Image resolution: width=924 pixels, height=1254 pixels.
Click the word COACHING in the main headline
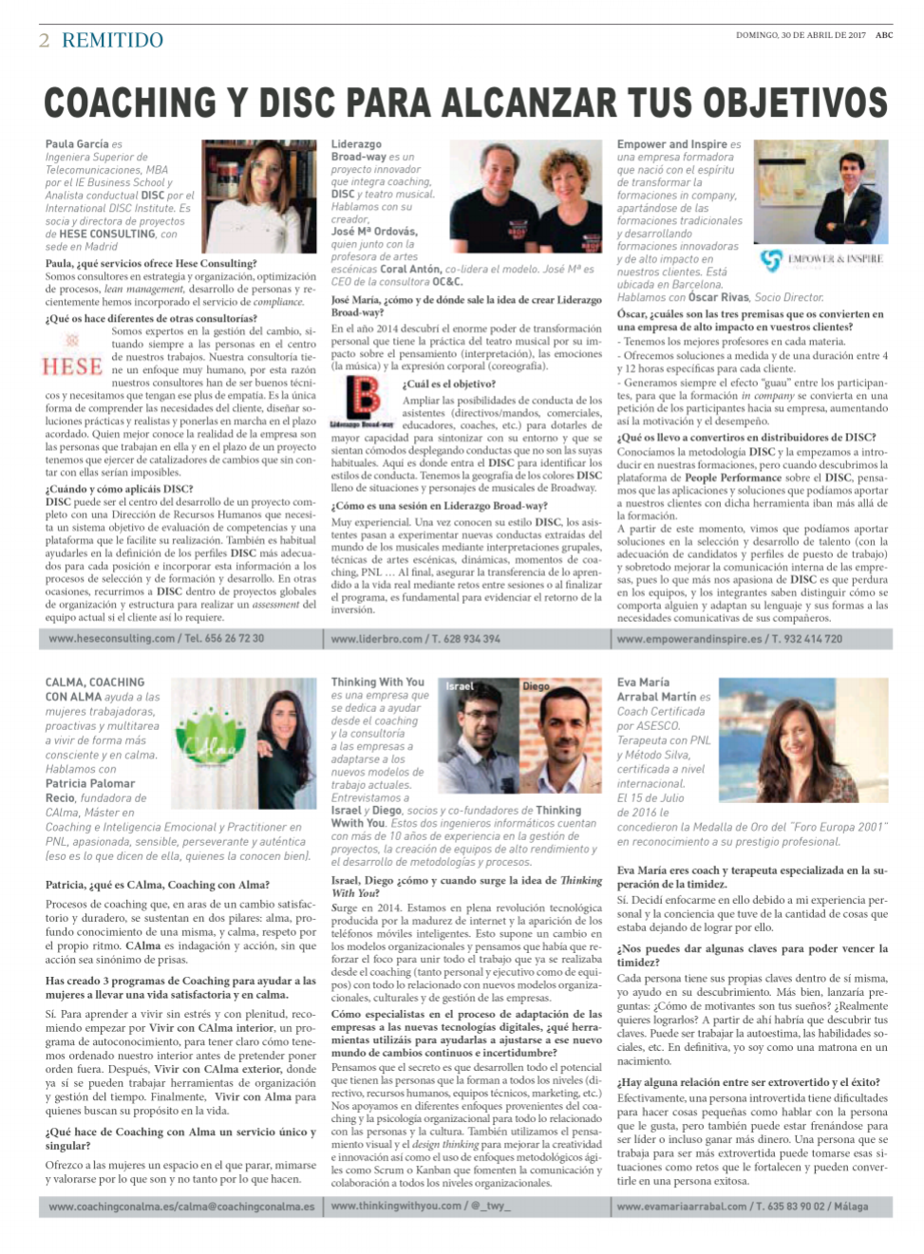point(130,103)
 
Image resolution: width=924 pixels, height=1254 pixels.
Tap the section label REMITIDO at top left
point(112,40)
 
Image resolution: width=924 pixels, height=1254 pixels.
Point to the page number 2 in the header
point(45,40)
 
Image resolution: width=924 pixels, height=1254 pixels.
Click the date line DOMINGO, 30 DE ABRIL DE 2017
point(801,35)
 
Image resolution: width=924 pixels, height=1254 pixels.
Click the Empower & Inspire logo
point(822,259)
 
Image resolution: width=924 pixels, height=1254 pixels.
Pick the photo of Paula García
point(259,196)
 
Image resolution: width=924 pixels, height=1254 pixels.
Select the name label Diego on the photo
point(536,685)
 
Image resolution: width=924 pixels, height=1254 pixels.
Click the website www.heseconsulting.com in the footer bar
point(112,639)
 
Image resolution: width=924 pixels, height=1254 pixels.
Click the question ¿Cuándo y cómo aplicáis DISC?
point(119,489)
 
